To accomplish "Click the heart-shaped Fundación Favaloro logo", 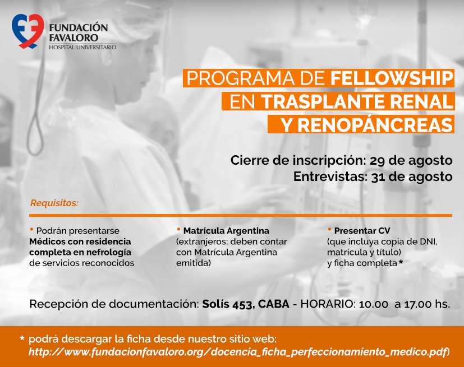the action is coord(28,31).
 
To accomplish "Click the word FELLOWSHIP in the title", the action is coord(392,78).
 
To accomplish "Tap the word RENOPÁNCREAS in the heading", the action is coord(375,125).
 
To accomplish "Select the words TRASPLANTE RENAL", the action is coord(357,101).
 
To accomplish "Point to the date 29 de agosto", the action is coord(411,160).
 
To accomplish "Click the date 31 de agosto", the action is coord(412,176).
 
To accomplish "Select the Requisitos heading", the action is coord(54,203).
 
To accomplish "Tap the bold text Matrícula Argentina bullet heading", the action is coord(226,231).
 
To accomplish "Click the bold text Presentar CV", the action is coord(362,231).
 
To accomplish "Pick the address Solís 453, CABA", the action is coord(246,304).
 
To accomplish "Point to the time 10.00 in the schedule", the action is coord(374,304).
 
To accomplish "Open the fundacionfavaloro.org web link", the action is coord(238,352).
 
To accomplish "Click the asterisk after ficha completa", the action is coord(401,262).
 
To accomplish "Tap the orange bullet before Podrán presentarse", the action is coord(31,229).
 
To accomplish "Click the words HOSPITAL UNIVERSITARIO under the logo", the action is coord(82,47).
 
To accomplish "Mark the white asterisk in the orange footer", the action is coord(22,338).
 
